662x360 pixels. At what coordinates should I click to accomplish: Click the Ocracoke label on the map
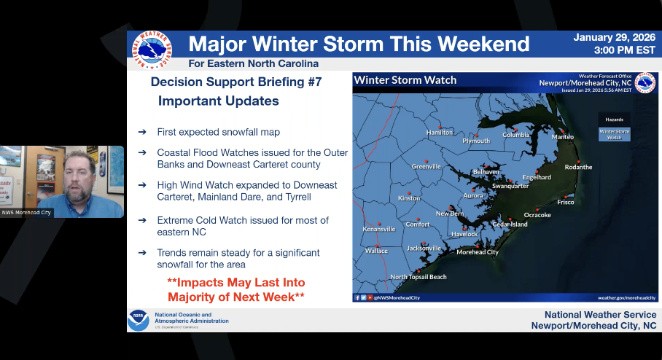(x=537, y=215)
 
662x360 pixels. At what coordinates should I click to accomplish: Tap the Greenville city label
(x=426, y=167)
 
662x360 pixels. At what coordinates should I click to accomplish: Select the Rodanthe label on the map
(x=578, y=167)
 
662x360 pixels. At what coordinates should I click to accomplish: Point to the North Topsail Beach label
(x=418, y=277)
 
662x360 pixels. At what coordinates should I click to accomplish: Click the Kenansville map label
(x=379, y=229)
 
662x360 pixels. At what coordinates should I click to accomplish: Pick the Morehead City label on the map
(x=477, y=252)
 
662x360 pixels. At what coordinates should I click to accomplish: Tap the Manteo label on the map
(x=562, y=137)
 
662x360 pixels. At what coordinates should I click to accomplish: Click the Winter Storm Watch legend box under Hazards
(x=614, y=134)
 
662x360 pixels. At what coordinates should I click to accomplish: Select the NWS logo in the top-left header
(x=152, y=50)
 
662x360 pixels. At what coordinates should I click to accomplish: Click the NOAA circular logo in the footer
(x=138, y=321)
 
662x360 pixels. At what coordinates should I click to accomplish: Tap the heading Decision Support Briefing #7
(x=236, y=82)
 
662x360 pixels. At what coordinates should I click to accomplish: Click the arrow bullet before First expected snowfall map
(x=142, y=132)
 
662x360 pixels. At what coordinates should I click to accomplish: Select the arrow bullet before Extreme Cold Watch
(x=142, y=220)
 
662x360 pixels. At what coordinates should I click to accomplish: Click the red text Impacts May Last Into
(x=236, y=282)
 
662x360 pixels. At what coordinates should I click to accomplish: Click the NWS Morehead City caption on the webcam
(x=27, y=213)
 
